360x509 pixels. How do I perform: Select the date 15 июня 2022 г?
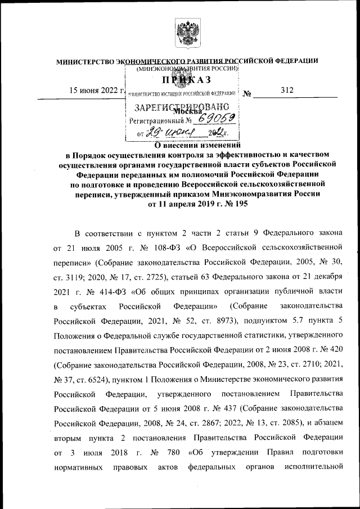(x=96, y=91)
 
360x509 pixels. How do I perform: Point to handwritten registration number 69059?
(x=212, y=119)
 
